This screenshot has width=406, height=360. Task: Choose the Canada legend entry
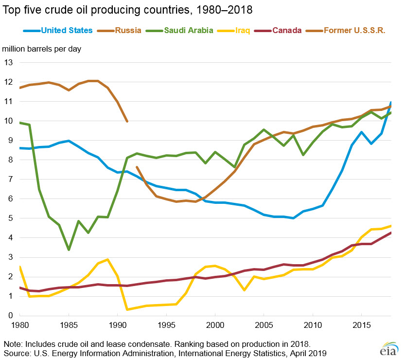[286, 30]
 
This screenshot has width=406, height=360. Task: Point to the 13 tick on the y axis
[9, 62]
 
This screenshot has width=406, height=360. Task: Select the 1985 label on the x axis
[69, 324]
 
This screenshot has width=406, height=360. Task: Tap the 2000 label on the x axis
[215, 324]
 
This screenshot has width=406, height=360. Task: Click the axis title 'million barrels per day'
[42, 49]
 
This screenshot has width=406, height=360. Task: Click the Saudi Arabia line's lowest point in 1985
[69, 250]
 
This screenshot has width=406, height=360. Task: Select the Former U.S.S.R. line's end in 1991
[127, 121]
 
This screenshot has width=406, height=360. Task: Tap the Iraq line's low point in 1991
[127, 309]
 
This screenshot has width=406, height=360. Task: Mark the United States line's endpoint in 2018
[390, 103]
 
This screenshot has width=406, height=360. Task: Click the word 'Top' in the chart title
[12, 9]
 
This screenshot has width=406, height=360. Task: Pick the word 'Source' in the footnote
[17, 352]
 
